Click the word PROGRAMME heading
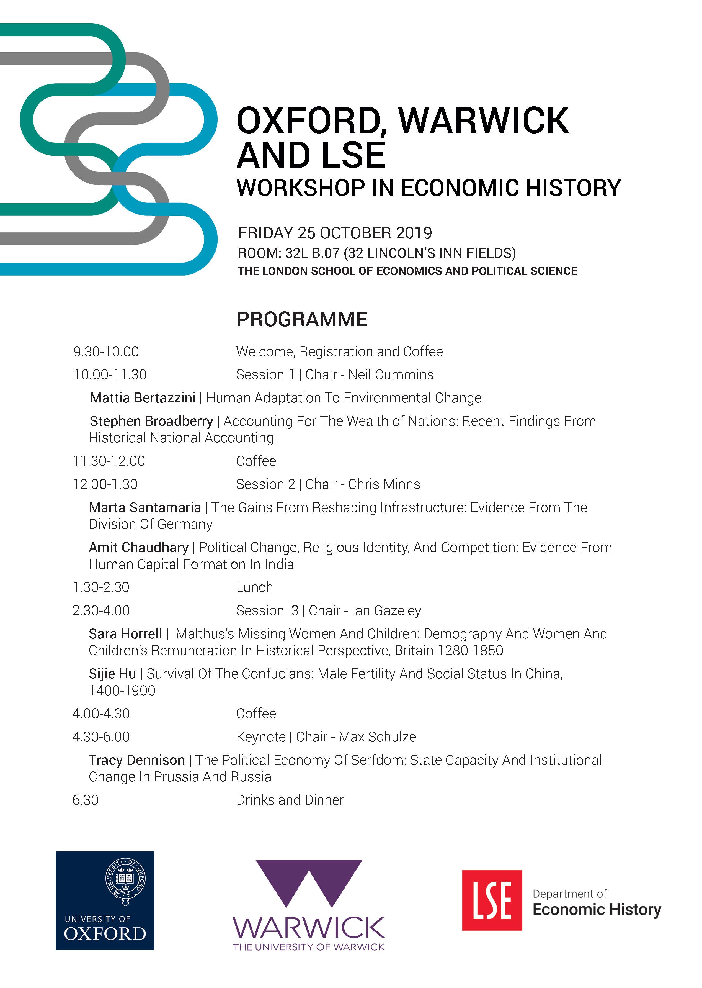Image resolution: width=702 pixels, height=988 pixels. (x=302, y=319)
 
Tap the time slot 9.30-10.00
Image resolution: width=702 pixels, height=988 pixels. (x=106, y=352)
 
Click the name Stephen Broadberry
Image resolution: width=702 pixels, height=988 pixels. (x=151, y=421)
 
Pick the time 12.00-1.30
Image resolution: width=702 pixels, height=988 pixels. (x=105, y=484)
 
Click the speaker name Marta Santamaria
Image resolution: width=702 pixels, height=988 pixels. (x=145, y=507)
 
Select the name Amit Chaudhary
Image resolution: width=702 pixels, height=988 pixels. (x=139, y=548)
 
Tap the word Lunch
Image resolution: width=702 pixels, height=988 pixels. (x=255, y=587)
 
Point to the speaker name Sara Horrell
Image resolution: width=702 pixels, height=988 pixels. (x=125, y=634)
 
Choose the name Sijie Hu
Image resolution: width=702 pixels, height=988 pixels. (x=112, y=674)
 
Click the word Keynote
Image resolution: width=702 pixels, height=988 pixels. (x=261, y=737)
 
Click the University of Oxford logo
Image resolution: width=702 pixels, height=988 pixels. (x=105, y=901)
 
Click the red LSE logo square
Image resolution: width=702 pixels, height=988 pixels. (x=492, y=900)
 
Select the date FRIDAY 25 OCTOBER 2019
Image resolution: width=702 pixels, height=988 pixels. (x=335, y=233)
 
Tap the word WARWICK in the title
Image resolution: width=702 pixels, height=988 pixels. (x=483, y=121)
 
